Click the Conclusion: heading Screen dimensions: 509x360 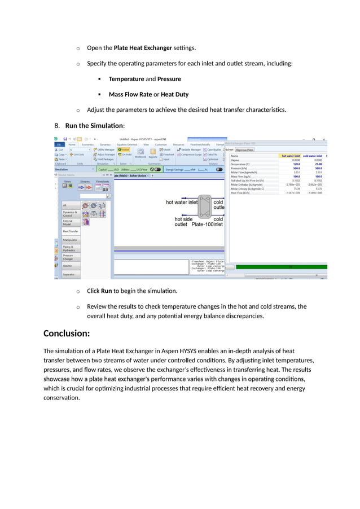click(67, 334)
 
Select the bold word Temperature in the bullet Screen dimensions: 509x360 click(128, 79)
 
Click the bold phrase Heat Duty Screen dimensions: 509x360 click(173, 94)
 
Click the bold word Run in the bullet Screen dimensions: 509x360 click(106, 291)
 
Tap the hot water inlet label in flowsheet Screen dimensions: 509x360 click(181, 202)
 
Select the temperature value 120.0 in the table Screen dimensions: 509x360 click(296, 164)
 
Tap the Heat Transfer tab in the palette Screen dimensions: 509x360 click(71, 231)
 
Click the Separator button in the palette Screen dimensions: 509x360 click(69, 274)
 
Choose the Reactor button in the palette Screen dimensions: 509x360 click(68, 265)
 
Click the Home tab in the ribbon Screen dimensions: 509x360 click(72, 144)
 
